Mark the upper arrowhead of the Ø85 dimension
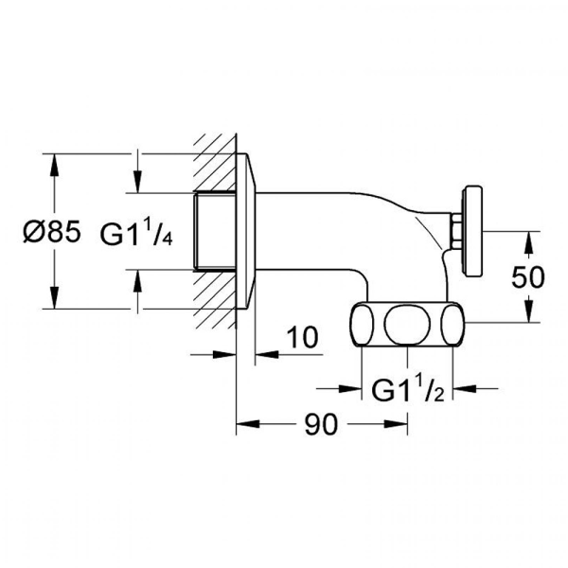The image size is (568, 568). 51,162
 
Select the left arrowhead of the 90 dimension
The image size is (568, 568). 242,426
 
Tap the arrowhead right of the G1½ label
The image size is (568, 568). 455,388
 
